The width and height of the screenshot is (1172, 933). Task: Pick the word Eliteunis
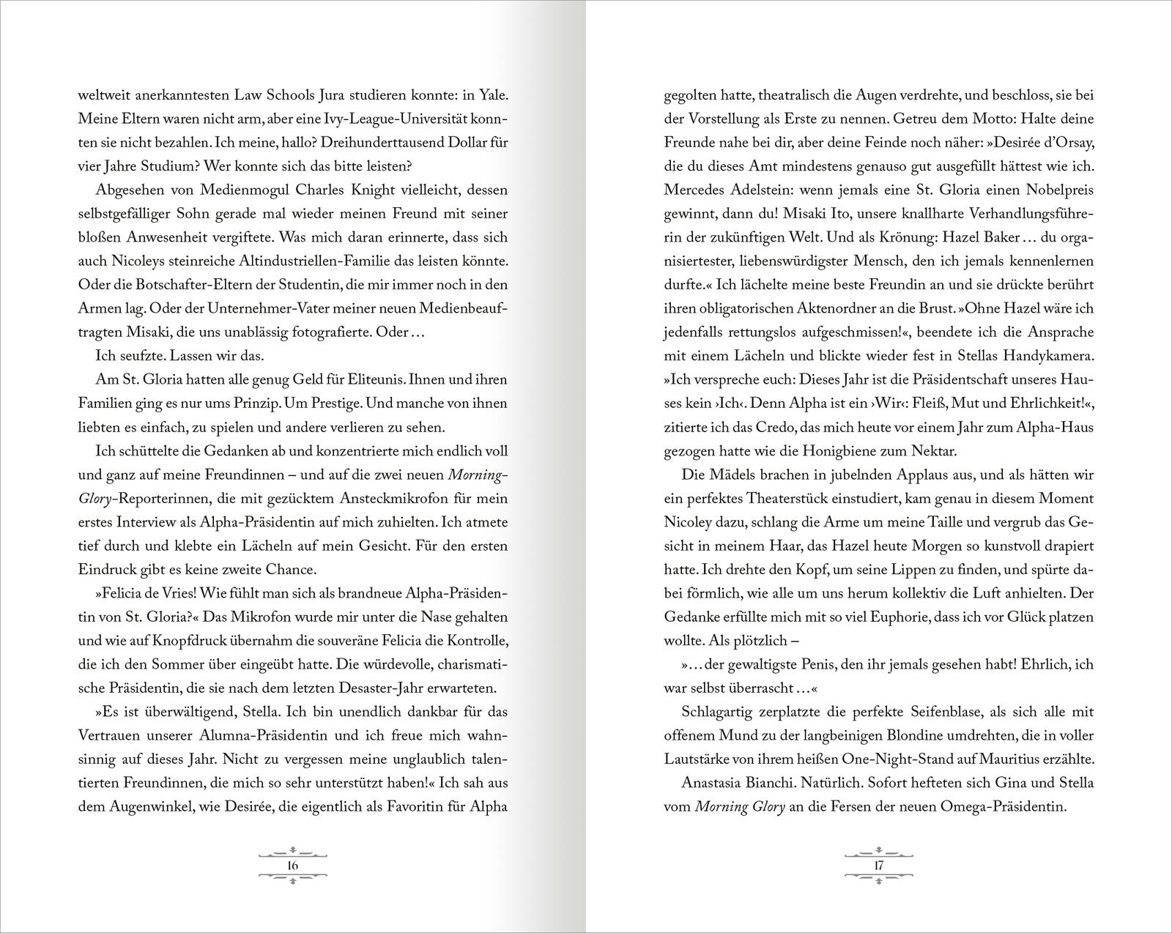(374, 380)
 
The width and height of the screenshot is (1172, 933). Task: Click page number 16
(292, 865)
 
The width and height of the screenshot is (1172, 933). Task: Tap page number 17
(880, 865)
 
